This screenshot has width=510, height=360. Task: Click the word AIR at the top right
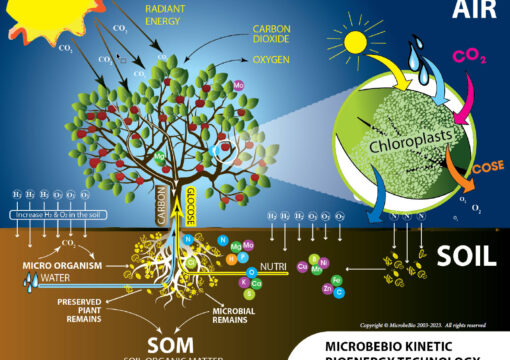coord(471,11)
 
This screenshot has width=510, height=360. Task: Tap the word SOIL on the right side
coord(465,254)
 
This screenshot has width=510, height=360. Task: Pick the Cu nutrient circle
coord(302,267)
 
